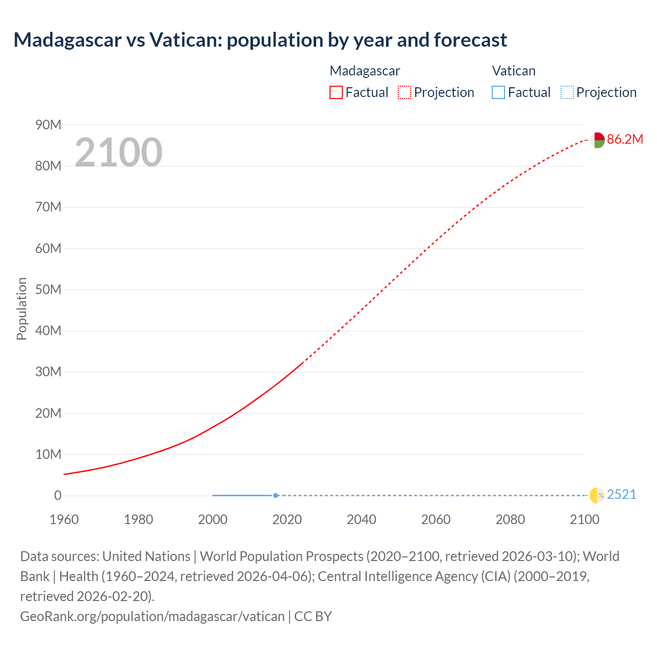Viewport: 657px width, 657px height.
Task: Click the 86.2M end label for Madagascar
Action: point(625,139)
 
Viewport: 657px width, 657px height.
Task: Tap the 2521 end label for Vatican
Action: point(621,494)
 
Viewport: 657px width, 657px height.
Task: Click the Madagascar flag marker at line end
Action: point(596,140)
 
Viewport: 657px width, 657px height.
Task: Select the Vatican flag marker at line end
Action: point(596,495)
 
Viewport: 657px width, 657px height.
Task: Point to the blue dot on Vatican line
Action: point(276,495)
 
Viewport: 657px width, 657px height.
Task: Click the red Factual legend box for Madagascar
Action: point(336,92)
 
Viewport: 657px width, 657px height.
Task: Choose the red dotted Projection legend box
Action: point(404,92)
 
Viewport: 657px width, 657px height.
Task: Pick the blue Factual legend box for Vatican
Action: point(498,92)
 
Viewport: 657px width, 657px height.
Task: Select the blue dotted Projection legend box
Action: point(567,92)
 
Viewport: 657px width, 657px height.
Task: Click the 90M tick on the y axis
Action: point(48,125)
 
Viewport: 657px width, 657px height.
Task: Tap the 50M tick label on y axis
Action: point(48,289)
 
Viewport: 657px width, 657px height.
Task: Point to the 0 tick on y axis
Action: point(57,495)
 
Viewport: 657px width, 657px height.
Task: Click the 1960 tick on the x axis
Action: point(64,519)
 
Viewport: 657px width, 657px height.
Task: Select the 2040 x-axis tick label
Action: point(361,519)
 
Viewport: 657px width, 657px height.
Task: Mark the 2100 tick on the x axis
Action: point(585,519)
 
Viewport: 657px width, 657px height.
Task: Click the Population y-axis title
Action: point(22,308)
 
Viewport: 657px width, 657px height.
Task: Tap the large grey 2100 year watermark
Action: point(119,152)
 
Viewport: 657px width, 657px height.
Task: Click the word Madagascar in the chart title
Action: point(67,40)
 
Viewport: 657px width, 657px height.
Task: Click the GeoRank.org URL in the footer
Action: point(152,616)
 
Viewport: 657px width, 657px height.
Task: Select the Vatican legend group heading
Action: point(513,71)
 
